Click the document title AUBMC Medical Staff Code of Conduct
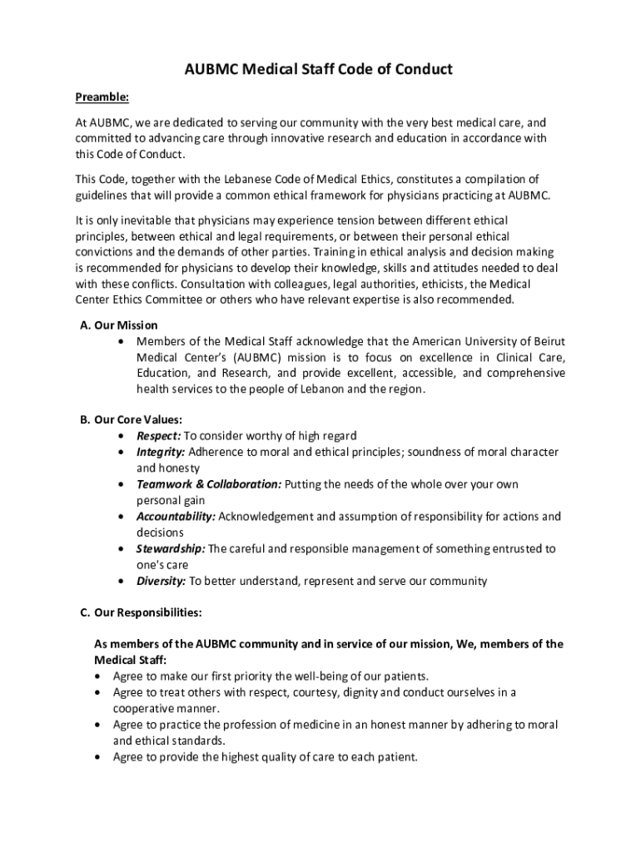point(318,69)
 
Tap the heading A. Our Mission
point(119,324)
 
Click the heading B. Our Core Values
point(132,419)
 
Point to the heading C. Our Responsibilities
point(141,613)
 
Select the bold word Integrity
point(161,452)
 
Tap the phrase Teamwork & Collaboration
point(209,484)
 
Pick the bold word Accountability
point(176,517)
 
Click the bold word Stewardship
point(171,549)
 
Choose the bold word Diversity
point(161,582)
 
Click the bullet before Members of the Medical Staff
point(123,342)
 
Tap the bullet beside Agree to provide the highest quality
point(100,757)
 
